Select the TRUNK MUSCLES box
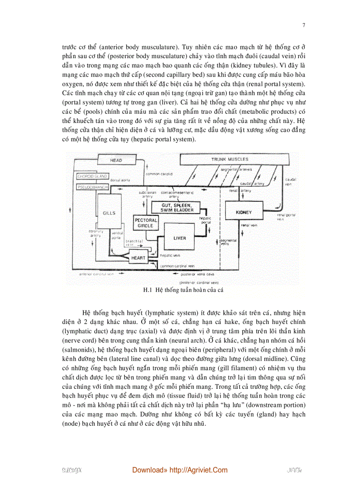[x=229, y=159]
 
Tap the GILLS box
[x=109, y=213]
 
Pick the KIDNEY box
[x=244, y=212]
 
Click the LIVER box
[x=180, y=238]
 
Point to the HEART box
[x=138, y=258]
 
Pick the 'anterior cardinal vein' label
[x=96, y=274]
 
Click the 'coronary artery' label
[x=96, y=233]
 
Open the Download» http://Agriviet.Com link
[x=180, y=470]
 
